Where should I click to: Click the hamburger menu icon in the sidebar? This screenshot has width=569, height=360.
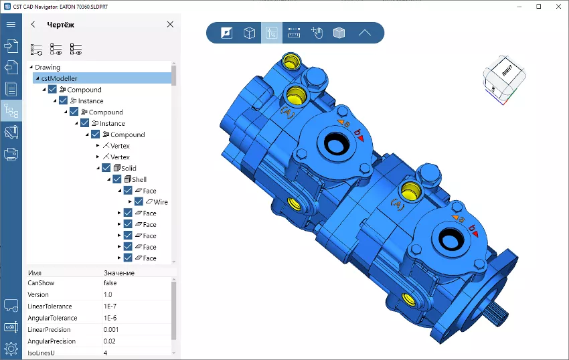(11, 25)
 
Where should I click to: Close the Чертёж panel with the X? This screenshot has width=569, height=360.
(170, 25)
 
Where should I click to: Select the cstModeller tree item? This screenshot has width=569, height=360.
(59, 78)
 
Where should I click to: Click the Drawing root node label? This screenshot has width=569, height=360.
(47, 67)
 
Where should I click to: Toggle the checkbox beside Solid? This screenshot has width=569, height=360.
(106, 168)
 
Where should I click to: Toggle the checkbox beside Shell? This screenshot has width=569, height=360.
(117, 179)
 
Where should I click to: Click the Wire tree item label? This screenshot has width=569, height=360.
(161, 201)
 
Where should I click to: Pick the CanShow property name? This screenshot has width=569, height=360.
(41, 283)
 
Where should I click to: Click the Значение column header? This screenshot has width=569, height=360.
(119, 273)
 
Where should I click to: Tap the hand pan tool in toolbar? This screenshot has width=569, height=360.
(317, 33)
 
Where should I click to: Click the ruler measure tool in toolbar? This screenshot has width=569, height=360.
(294, 33)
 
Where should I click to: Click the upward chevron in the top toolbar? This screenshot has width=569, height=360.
(364, 33)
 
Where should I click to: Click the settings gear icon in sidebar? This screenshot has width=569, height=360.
(11, 349)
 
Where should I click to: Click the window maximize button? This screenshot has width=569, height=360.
(538, 6)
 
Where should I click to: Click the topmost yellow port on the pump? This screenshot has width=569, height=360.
(291, 62)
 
